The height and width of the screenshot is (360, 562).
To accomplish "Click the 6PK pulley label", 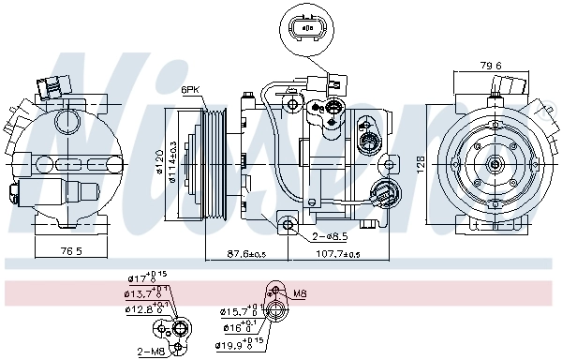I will pyautogui.click(x=191, y=90).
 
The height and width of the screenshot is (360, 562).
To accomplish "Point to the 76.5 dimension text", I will pyautogui.click(x=71, y=252).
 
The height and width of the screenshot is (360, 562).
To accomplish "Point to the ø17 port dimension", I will pyautogui.click(x=142, y=277).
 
